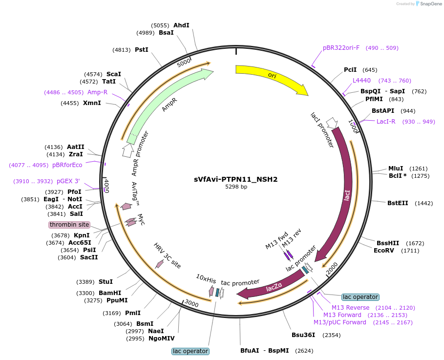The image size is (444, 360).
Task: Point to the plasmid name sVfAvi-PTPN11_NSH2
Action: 235,179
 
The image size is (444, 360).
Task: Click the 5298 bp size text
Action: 236,187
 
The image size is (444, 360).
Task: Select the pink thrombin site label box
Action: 69,225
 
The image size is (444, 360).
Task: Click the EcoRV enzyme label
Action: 384,251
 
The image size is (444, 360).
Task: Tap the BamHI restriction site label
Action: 110,293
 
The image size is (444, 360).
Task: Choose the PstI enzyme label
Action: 142,49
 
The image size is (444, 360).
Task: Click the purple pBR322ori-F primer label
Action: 341,48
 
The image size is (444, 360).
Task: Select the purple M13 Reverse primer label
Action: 351,308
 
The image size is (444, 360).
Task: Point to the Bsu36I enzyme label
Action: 303,335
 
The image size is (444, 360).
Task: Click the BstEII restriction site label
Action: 398,203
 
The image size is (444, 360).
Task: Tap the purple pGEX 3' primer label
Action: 68,181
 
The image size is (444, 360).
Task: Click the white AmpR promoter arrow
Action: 127,150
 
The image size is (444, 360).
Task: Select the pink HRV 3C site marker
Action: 159,264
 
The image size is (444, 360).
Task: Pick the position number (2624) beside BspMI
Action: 304,351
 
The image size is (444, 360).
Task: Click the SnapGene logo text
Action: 431,4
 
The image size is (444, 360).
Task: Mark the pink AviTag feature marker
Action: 126,206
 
